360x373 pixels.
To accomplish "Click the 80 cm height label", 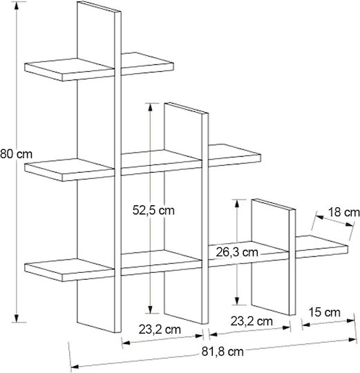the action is point(16,154).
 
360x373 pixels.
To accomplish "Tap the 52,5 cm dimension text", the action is point(153,210).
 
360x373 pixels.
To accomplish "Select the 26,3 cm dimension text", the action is point(237,252).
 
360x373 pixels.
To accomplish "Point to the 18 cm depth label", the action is point(344,212).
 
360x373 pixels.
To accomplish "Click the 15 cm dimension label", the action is point(325,312).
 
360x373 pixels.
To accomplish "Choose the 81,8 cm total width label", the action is point(222,352).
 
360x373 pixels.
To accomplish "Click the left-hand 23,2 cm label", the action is point(160,329).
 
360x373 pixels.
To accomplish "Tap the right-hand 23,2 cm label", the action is point(252,321).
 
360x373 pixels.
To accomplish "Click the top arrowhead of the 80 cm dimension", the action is point(17,6).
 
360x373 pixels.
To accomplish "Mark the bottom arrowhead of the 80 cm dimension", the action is point(17,318).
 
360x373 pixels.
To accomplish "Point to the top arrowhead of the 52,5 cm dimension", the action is point(150,108).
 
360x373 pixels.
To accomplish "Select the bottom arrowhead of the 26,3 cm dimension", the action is point(237,300).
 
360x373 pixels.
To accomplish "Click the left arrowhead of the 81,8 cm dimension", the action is point(75,367).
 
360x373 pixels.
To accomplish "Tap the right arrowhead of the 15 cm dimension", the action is point(351,321).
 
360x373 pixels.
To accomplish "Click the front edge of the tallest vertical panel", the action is point(117,172).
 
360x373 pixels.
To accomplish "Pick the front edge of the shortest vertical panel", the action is point(292,262).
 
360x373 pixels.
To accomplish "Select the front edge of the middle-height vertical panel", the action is point(205,218).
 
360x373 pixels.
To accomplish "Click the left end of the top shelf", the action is point(25,67).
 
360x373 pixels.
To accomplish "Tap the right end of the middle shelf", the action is point(260,158).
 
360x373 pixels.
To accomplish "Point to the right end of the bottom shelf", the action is point(348,249).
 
